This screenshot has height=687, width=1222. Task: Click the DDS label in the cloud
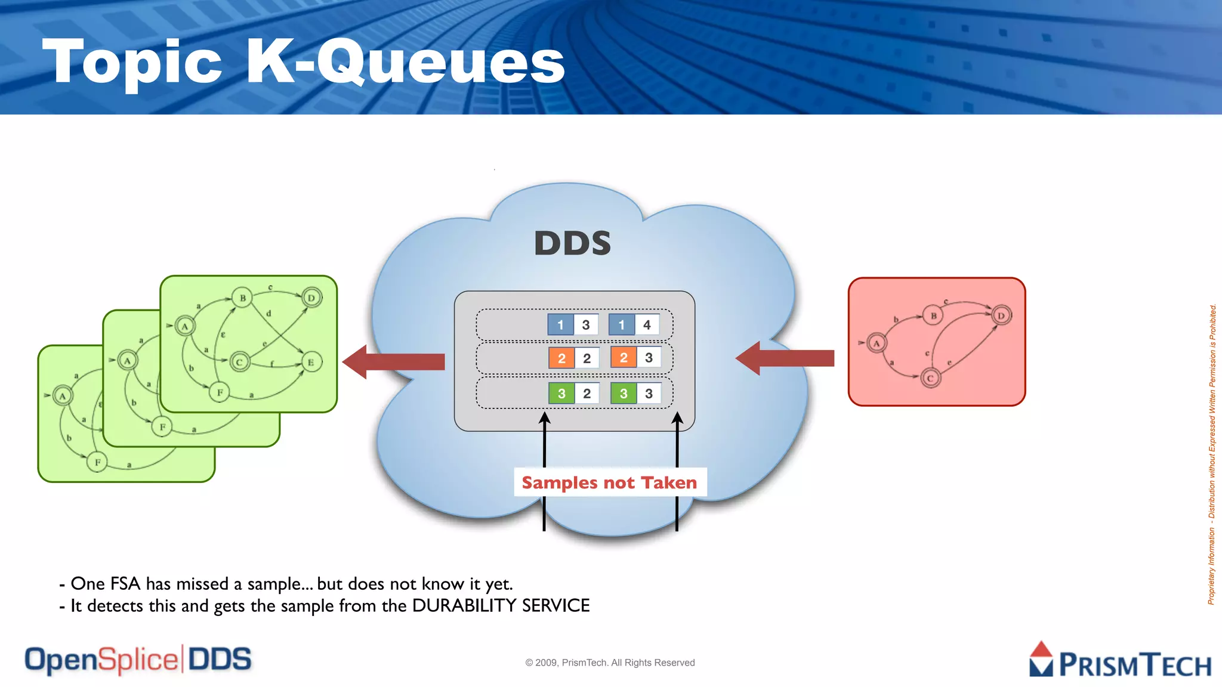tap(572, 243)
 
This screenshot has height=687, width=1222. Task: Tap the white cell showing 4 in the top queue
tap(647, 325)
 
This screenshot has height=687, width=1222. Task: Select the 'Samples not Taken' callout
tap(609, 482)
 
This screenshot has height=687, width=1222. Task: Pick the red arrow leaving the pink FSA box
tap(785, 358)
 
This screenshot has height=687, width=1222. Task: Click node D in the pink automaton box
tap(1001, 315)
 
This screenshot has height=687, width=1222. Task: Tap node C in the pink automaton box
tap(930, 378)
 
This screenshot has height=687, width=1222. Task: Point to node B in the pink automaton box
tap(933, 315)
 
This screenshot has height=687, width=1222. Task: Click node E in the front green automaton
tap(311, 362)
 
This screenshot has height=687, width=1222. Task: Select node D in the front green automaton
tap(311, 298)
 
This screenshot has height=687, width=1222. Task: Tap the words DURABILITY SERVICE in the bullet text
tap(501, 606)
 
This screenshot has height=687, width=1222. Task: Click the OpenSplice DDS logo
tap(138, 660)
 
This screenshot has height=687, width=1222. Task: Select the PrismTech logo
tap(1120, 661)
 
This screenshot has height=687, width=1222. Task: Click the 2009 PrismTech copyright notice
tap(610, 663)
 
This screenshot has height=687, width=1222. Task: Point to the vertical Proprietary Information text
tap(1212, 453)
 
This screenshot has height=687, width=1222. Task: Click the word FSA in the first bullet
tap(125, 583)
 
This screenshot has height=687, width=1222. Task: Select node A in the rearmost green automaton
tap(63, 396)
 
